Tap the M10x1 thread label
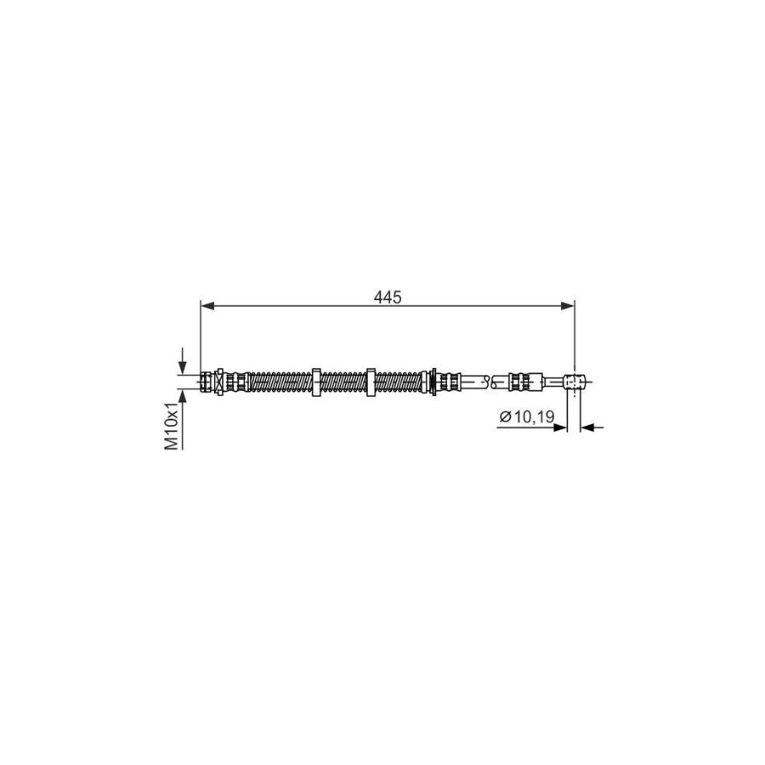172,426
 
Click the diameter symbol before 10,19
505,416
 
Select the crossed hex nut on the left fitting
219,382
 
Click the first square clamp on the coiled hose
315,382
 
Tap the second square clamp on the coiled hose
371,382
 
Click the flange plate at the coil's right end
433,382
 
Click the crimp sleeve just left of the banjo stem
524,382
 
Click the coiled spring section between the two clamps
343,382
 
